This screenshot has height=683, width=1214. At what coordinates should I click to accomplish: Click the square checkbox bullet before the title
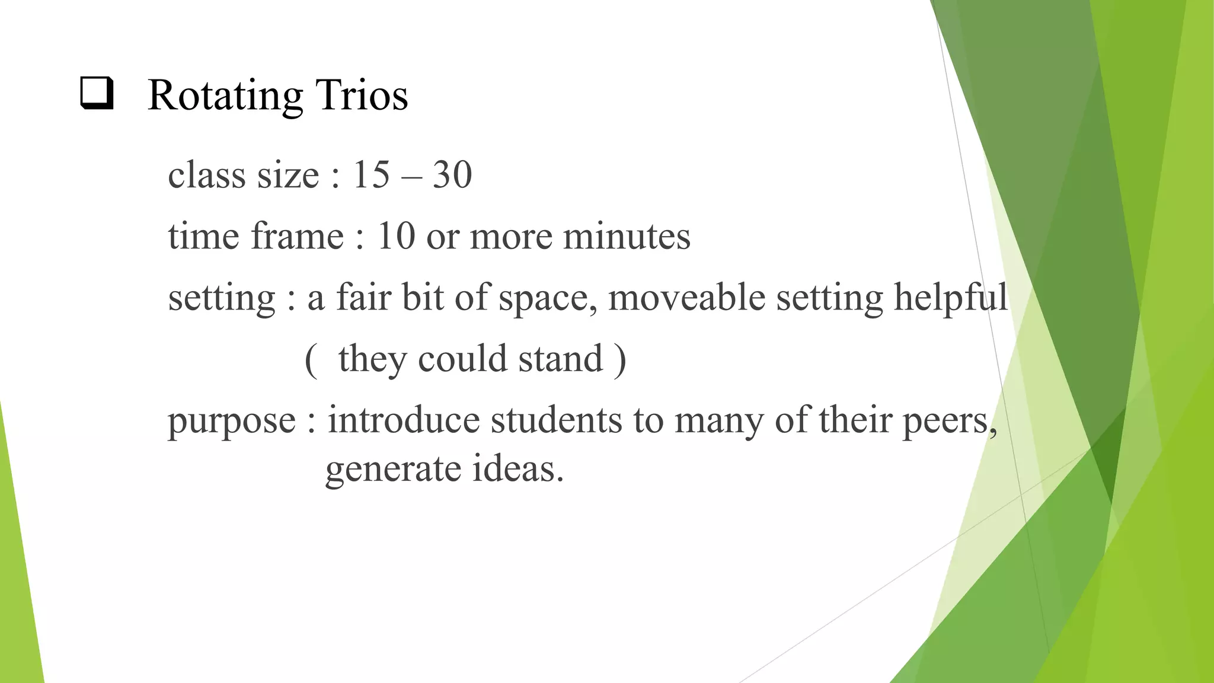97,94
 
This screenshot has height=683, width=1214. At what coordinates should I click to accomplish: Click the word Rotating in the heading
225,95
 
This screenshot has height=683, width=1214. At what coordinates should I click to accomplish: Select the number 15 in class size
372,175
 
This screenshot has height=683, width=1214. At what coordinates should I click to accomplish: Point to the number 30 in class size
452,175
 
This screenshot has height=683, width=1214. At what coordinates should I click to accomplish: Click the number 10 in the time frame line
396,236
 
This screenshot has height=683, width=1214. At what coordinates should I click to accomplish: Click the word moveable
686,297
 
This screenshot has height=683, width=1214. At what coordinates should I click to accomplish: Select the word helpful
950,298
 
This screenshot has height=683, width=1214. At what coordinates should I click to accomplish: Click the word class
206,175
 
